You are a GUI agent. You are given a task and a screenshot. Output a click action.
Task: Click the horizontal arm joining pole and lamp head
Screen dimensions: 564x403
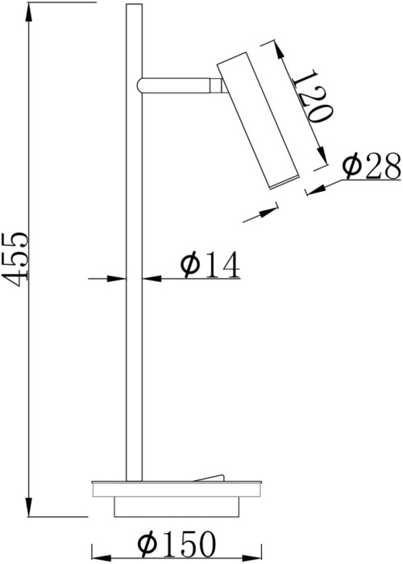tap(177, 83)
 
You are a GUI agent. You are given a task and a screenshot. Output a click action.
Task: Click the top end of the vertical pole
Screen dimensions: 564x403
tap(134, 8)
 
